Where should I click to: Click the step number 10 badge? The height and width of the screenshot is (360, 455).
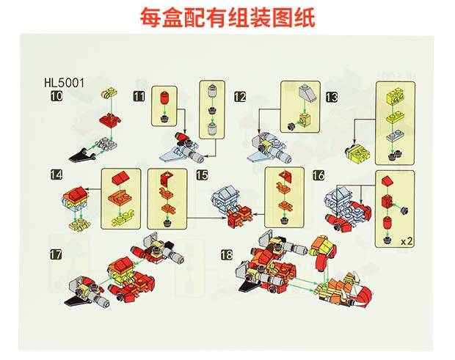(x=56, y=95)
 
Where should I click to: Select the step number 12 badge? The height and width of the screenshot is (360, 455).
(x=240, y=97)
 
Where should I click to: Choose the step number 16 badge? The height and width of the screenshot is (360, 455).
(x=318, y=175)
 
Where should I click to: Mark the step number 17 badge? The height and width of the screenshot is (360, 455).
(x=56, y=254)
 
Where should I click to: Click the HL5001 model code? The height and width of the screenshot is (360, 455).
(x=65, y=82)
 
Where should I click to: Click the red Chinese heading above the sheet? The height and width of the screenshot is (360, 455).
(x=227, y=18)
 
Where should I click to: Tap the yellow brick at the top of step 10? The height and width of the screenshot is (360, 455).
(x=109, y=93)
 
